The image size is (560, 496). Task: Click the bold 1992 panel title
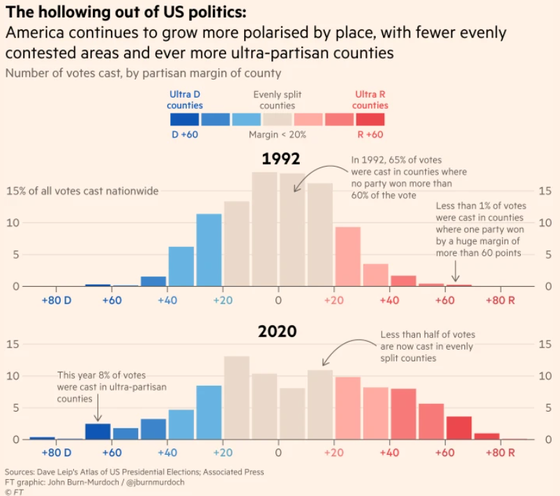278,160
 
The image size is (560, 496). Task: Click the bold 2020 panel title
278,331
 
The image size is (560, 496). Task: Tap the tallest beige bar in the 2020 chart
236,398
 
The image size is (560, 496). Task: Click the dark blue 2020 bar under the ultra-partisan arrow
98,431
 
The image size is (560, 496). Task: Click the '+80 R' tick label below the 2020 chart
500,453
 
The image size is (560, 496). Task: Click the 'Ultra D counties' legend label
185,100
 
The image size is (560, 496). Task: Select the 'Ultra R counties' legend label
370,100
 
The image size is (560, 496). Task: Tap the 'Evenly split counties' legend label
278,100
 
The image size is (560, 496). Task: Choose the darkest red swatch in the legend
370,119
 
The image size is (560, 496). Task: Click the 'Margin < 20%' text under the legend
277,135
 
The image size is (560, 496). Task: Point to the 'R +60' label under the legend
370,135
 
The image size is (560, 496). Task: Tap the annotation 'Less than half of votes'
427,347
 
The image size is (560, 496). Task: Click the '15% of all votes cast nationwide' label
82,190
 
